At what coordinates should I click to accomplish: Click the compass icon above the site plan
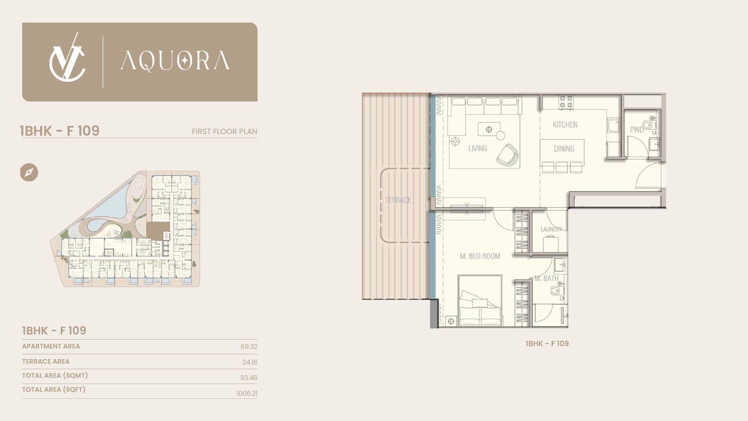pos(29,172)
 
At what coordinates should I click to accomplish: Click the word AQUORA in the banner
pos(175,61)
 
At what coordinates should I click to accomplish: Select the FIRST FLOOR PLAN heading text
pos(224,131)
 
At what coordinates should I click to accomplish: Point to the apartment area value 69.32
pos(249,347)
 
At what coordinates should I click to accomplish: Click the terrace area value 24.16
pos(250,362)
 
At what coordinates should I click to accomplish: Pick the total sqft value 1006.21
pos(247,393)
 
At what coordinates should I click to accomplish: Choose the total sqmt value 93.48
pos(249,378)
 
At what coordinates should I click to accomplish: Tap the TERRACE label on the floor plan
pos(398,200)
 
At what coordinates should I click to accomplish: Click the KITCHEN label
pos(565,125)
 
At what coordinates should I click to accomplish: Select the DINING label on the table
pos(564,149)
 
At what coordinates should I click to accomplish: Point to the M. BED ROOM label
pos(480,256)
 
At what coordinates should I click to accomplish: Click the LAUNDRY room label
pos(551,229)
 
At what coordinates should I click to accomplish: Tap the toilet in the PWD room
pos(649,125)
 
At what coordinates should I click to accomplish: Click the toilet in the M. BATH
pos(557,291)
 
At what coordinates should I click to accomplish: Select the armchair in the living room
pos(508,155)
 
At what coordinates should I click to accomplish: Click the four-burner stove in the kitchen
pos(566,102)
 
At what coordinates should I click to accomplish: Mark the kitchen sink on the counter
pos(614,126)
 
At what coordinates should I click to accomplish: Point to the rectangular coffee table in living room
pos(489,129)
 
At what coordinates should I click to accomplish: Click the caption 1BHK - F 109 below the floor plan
pos(547,344)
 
